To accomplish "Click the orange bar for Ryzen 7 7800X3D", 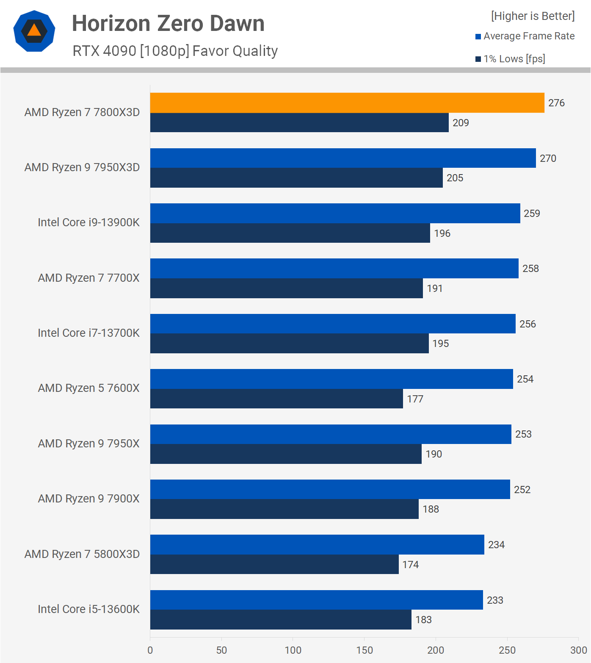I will coord(347,103).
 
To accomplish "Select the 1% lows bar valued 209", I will coord(299,123).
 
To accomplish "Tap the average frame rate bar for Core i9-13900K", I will coord(335,214).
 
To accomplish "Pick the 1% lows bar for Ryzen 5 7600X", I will coord(276,399).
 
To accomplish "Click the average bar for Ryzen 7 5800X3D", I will coord(317,545).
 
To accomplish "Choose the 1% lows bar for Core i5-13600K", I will coord(281,620).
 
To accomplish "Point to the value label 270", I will coord(548,158).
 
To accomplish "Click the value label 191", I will coord(435,289).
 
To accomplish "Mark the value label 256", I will coord(527,324).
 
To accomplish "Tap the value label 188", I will coord(431,509).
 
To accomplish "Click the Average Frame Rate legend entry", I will coord(525,36).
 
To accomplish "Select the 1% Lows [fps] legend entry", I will coord(510,59).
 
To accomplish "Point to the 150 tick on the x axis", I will coord(365,650).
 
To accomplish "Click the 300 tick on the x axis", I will coord(578,650).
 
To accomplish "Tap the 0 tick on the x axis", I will coord(150,650).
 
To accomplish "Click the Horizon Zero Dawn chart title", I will coord(168,23).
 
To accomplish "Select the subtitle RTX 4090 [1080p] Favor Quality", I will coord(175,51).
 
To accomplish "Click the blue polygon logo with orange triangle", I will coord(34,31).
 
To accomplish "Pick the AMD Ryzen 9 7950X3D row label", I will coord(82,167).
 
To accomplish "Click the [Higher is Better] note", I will coord(533,16).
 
